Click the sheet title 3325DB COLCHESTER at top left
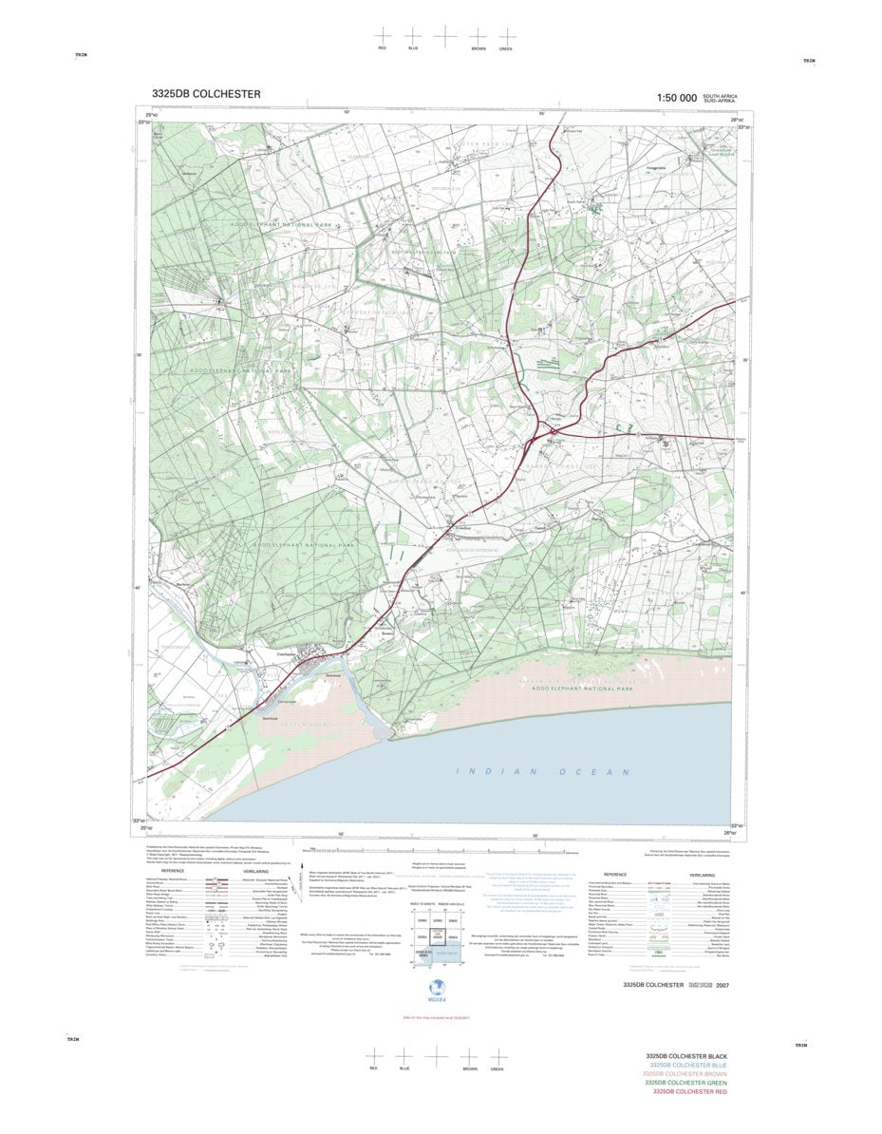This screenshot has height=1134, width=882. (205, 94)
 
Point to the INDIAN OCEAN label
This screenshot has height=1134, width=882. (542, 771)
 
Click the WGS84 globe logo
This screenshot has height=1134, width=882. (438, 986)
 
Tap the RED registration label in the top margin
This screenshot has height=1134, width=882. (382, 47)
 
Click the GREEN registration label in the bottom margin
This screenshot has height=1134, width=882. (497, 1069)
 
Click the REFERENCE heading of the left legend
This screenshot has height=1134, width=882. (172, 870)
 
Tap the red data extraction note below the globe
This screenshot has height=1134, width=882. (437, 1018)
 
